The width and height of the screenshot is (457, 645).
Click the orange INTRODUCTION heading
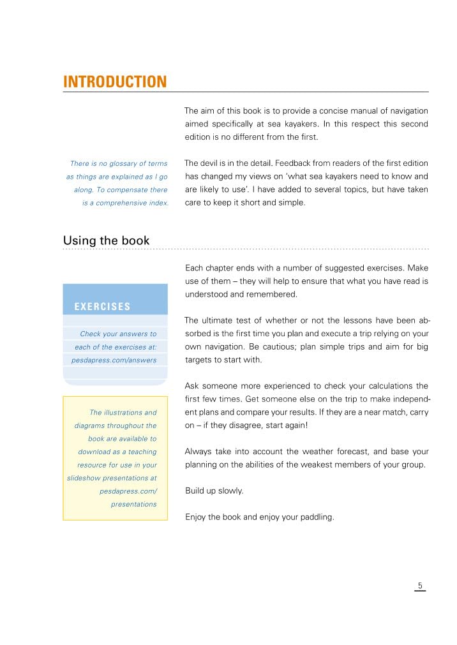point(115,82)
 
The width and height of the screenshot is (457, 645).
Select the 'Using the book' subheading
point(106,241)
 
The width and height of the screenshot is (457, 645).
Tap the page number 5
point(420,586)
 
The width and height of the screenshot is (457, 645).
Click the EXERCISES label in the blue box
point(102,307)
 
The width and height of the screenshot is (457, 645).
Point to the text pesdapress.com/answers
point(114,360)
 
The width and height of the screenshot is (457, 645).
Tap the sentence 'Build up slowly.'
point(214,491)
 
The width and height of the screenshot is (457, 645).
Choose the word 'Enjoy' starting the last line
point(196,517)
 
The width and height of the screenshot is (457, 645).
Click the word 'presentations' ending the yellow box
point(133,504)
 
